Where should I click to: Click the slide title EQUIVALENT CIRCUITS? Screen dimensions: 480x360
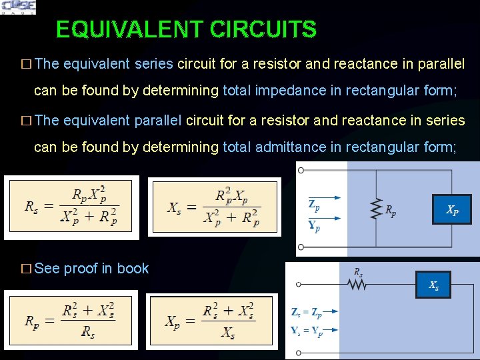(186, 29)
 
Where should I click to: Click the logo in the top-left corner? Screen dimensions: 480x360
(19, 7)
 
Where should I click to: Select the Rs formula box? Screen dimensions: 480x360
(71, 207)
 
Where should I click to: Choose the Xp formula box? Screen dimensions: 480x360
(209, 321)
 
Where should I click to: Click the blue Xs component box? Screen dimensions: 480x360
(433, 285)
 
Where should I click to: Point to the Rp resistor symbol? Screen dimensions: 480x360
(376, 209)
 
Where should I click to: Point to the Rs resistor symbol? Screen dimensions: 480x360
(358, 285)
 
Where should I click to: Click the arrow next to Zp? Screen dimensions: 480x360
(334, 197)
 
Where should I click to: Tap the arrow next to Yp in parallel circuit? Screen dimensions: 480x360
(334, 217)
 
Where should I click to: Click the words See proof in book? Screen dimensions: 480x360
(91, 269)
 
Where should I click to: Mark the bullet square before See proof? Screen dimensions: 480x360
(26, 269)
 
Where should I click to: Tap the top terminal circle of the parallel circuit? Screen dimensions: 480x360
(301, 170)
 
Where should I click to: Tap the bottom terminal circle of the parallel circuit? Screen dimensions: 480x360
(301, 247)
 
